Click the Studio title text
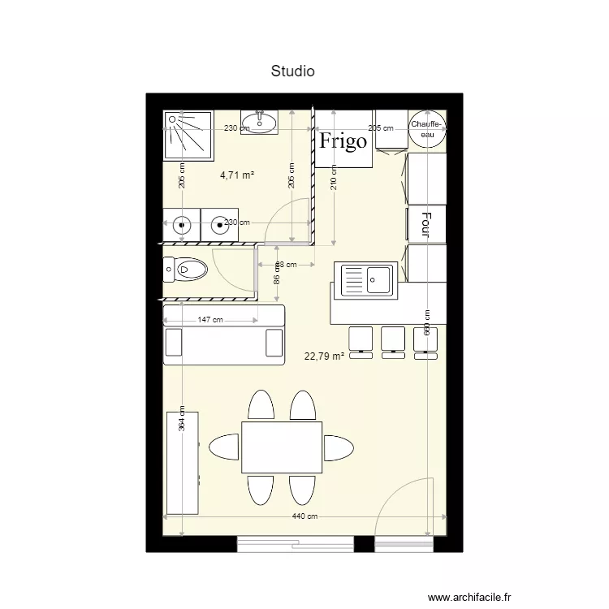[293, 71]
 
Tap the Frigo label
[343, 141]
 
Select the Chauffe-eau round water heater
[426, 128]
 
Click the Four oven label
[425, 224]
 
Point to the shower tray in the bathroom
[188, 135]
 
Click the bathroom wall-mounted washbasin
[260, 123]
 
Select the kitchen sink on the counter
[368, 279]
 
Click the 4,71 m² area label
[237, 174]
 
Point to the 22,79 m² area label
[324, 356]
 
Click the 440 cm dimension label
[306, 517]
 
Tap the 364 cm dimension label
[182, 418]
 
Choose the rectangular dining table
[282, 447]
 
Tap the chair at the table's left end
[225, 447]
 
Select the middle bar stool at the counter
[393, 340]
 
